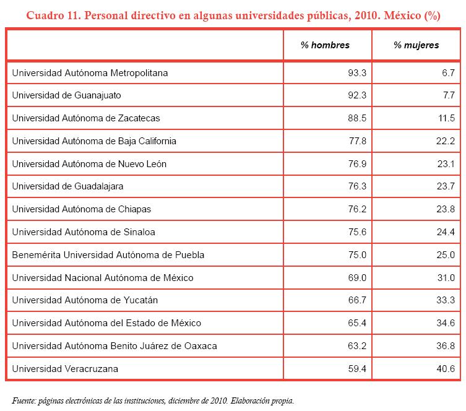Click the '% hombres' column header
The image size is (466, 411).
click(x=325, y=45)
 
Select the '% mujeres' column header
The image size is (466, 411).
click(x=416, y=45)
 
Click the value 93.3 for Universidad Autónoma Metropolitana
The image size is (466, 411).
click(x=358, y=73)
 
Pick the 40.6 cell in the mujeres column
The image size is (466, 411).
click(x=446, y=369)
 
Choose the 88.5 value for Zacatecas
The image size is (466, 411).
click(x=358, y=118)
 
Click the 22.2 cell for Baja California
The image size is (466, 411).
click(x=446, y=141)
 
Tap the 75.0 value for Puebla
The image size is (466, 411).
click(x=358, y=255)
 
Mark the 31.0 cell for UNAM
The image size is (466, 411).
click(x=446, y=278)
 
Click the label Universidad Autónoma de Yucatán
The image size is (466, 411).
click(x=85, y=300)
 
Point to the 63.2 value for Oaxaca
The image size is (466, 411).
click(x=358, y=346)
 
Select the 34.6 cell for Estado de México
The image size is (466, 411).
click(x=446, y=323)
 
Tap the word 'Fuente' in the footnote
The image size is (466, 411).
click(x=25, y=400)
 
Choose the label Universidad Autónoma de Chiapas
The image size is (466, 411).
click(x=81, y=209)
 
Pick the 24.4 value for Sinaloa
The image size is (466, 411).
click(x=446, y=232)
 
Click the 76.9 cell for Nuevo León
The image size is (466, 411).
click(x=358, y=164)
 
